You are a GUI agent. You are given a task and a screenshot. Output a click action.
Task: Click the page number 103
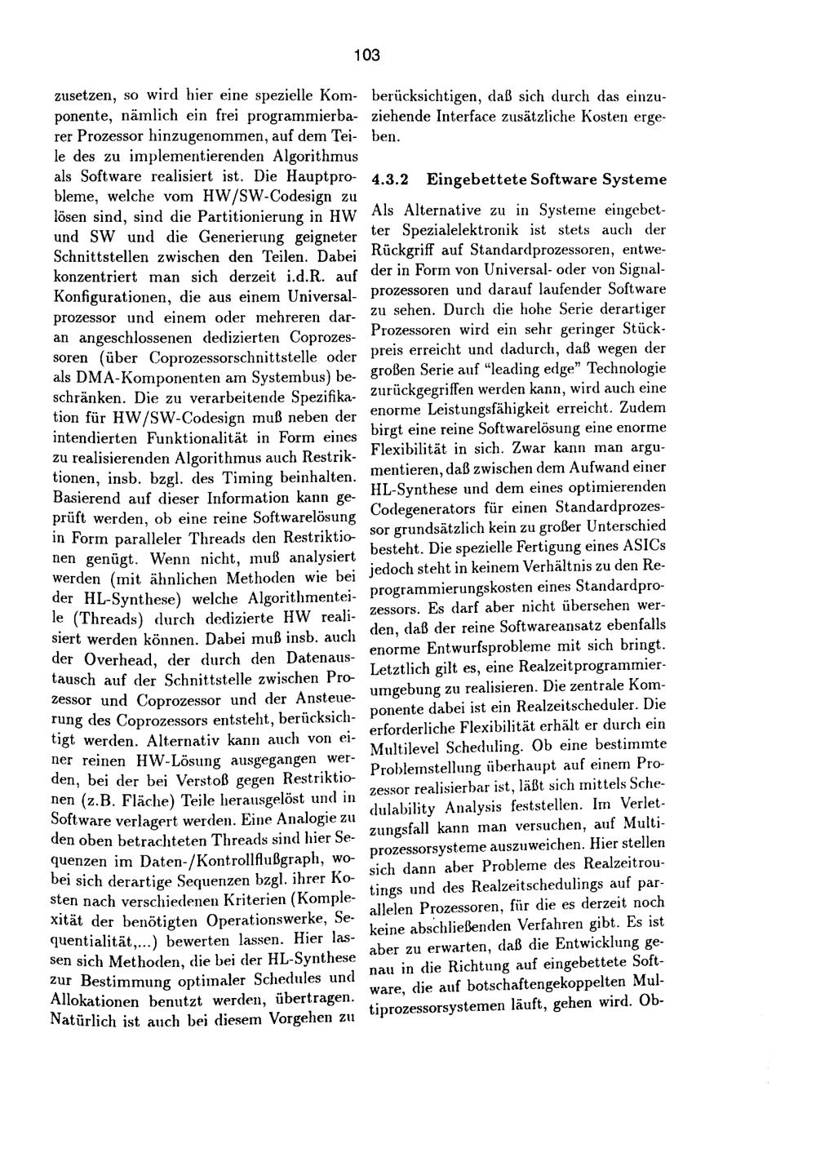(x=367, y=55)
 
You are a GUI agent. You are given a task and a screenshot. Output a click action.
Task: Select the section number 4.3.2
(x=390, y=180)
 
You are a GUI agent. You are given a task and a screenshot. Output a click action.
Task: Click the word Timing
(x=275, y=477)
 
